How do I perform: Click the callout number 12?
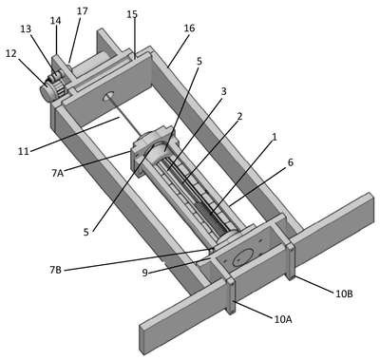(10, 54)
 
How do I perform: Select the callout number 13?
(26, 29)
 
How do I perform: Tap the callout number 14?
(56, 21)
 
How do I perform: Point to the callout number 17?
(82, 11)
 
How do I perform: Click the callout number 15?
(132, 14)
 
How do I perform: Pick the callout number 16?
(189, 28)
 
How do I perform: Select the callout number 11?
(23, 151)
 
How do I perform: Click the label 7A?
(58, 173)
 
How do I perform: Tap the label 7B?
(55, 271)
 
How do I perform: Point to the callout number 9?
(144, 273)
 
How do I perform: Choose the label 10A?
(283, 320)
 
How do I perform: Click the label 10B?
(344, 294)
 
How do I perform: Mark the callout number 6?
(291, 162)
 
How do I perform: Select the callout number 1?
(275, 137)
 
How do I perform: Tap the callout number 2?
(239, 117)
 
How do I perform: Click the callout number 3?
(223, 91)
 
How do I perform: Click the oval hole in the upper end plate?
(108, 96)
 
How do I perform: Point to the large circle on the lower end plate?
(243, 257)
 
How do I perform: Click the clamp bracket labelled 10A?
(231, 296)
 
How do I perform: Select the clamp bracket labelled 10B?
(291, 261)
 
